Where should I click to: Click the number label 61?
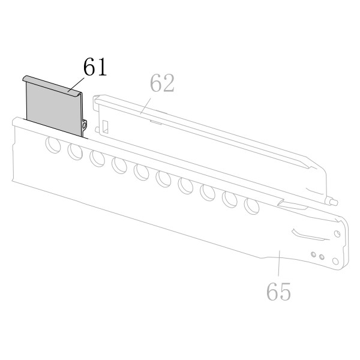point(95,67)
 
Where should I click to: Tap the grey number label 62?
point(162,83)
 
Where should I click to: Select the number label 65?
point(278,291)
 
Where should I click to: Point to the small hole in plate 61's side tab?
point(84,125)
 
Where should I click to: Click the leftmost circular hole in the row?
point(53,145)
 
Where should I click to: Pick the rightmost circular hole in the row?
point(251,206)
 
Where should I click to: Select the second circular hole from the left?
point(75,152)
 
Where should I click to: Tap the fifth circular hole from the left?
point(141,172)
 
